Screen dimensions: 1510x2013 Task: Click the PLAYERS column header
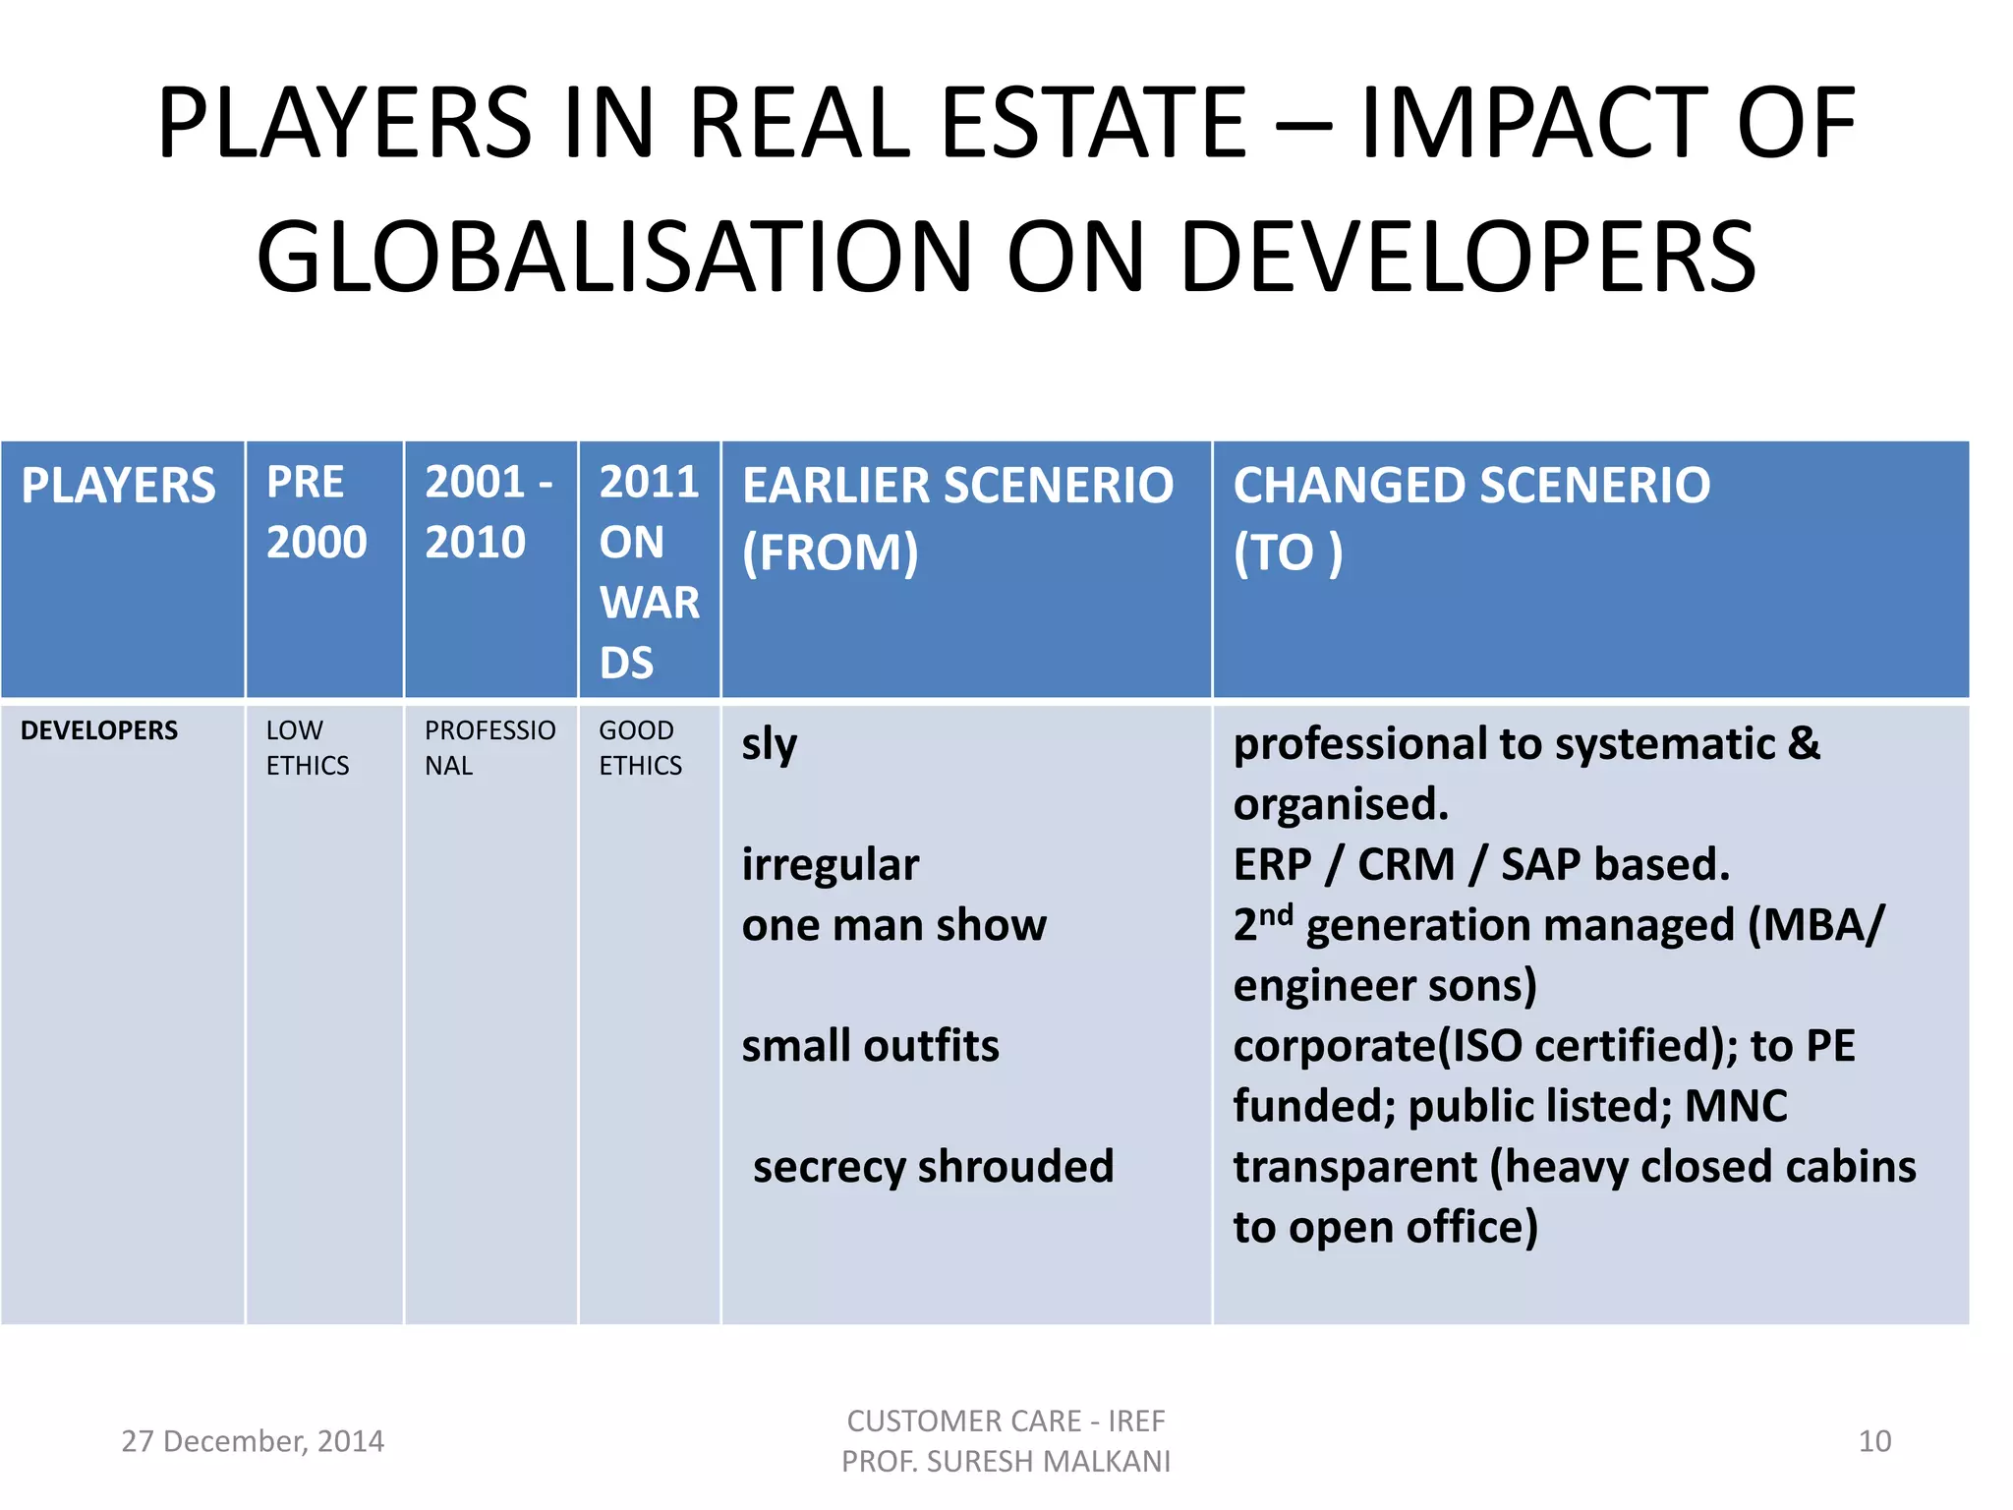(x=118, y=486)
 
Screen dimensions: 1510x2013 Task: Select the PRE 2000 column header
(x=316, y=512)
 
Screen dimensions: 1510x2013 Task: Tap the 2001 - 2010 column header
(x=488, y=512)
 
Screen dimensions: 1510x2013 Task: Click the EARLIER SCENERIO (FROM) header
(x=957, y=518)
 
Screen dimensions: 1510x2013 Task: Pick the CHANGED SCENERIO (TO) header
(x=1471, y=518)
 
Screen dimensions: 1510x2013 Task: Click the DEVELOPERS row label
(x=99, y=730)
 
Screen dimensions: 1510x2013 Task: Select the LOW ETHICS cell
(x=308, y=748)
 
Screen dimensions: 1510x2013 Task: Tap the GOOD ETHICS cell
(x=640, y=748)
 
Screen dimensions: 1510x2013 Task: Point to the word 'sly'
(x=770, y=745)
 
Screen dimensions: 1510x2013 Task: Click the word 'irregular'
(x=831, y=865)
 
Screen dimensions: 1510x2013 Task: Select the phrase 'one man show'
(x=894, y=925)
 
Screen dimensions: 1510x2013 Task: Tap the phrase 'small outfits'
(x=870, y=1046)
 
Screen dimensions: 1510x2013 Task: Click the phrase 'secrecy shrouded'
(x=933, y=1167)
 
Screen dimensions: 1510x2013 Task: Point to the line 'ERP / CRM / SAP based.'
(x=1481, y=865)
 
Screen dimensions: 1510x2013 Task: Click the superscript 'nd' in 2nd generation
(x=1276, y=915)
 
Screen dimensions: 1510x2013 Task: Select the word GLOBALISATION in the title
(x=614, y=257)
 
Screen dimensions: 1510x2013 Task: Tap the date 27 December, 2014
(x=253, y=1441)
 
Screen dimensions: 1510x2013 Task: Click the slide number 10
(x=1874, y=1441)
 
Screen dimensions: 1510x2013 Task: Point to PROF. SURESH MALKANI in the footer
(x=1006, y=1462)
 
